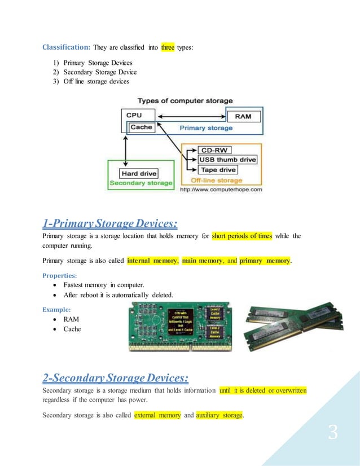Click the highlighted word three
coord(168,48)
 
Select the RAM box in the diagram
coord(243,117)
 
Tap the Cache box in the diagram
coord(141,127)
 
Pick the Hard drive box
coord(139,173)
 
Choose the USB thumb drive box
coord(227,160)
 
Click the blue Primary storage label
coord(205,128)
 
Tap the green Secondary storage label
coord(141,183)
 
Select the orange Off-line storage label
coord(217,180)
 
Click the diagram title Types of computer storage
coord(186,100)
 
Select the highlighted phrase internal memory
coord(152,261)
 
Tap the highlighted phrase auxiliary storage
coord(219,416)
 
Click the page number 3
coord(333,433)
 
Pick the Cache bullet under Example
coord(72,329)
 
